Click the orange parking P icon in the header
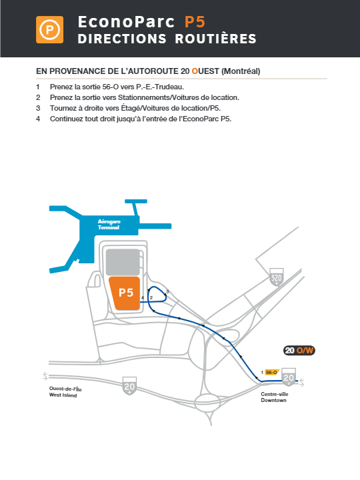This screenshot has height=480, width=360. (x=49, y=30)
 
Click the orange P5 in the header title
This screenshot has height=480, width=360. (x=195, y=22)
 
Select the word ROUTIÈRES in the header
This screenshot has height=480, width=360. (x=215, y=39)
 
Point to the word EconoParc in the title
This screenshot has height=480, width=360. (x=126, y=22)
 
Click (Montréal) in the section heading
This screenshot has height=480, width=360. (x=241, y=71)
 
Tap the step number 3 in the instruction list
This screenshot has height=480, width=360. (x=38, y=108)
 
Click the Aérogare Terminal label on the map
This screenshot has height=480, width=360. (x=109, y=225)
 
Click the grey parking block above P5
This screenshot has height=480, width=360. (x=123, y=262)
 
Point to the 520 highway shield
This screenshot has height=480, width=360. (x=277, y=277)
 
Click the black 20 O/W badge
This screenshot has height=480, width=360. (x=299, y=350)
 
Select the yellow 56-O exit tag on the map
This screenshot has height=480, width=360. (x=272, y=372)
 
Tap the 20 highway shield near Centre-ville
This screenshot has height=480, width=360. (x=289, y=377)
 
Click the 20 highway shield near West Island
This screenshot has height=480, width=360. (x=129, y=386)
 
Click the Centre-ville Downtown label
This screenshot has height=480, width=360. (x=274, y=397)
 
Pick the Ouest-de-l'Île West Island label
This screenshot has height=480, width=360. (x=65, y=392)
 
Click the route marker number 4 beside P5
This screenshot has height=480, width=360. (x=143, y=298)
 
